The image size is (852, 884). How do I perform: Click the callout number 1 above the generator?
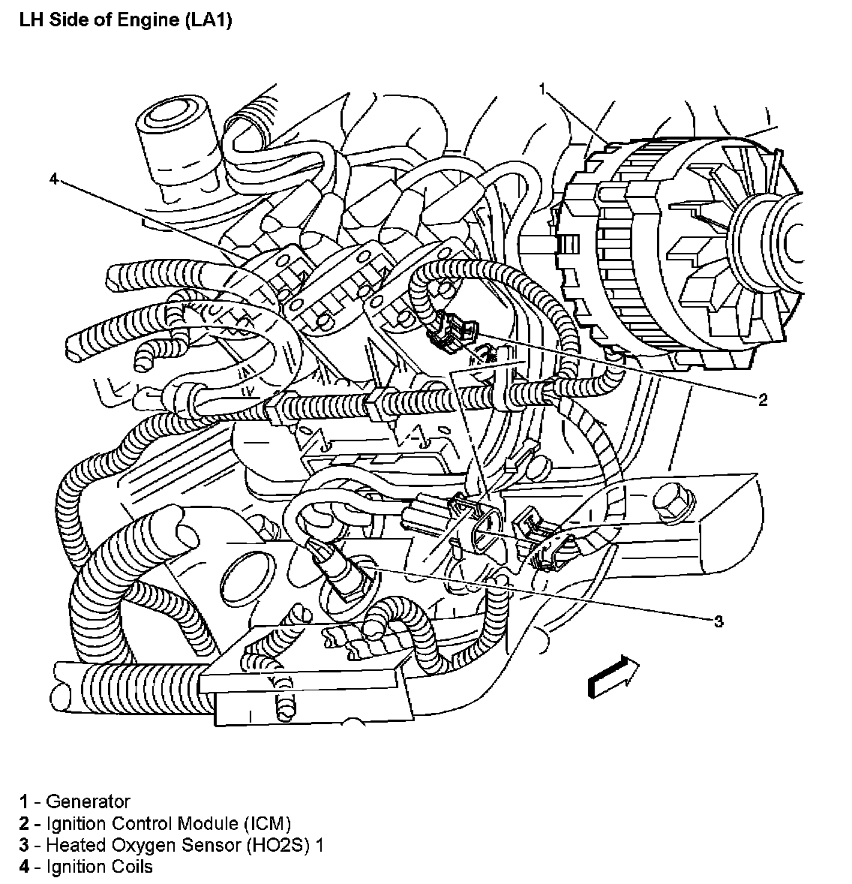[x=542, y=89]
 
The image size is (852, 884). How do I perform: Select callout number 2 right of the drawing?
[x=763, y=400]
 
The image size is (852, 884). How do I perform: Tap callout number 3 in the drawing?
[x=718, y=621]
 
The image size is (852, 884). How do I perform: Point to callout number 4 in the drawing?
[x=53, y=178]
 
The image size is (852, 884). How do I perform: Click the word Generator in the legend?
[x=88, y=801]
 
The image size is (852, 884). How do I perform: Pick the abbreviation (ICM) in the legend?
[x=262, y=823]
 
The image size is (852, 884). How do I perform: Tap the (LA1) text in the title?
[x=205, y=20]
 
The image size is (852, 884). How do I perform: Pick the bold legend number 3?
[x=25, y=845]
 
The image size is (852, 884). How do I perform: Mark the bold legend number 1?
[x=25, y=801]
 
